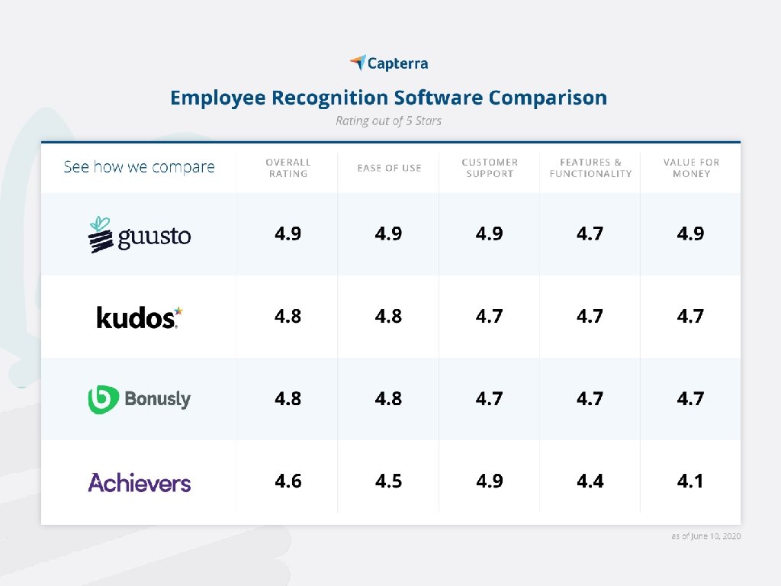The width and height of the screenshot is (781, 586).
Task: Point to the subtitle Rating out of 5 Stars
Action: [x=388, y=121]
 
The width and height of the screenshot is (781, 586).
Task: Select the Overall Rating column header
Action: [x=288, y=168]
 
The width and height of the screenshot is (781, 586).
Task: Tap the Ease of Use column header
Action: [x=389, y=168]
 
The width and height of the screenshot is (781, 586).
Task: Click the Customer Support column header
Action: [x=490, y=168]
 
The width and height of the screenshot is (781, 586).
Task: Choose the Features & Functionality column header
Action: [x=590, y=168]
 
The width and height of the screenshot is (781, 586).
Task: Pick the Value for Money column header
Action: [x=691, y=168]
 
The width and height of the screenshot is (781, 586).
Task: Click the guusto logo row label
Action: [x=140, y=234]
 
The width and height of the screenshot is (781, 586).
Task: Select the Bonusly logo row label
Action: [x=140, y=399]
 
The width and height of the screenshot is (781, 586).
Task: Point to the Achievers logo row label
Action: [x=140, y=482]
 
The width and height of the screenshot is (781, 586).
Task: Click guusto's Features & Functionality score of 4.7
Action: [x=590, y=233]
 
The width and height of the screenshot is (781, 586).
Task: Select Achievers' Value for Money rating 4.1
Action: [x=690, y=481]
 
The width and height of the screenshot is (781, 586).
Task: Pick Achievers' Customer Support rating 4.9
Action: [x=489, y=481]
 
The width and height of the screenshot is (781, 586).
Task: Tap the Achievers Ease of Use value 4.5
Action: [x=388, y=481]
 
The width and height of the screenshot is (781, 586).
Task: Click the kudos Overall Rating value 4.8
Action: [x=288, y=316]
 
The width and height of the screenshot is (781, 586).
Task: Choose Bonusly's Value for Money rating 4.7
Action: [x=690, y=398]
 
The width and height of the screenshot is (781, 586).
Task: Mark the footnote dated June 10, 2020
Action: [x=706, y=536]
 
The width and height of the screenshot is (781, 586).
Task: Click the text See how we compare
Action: [x=139, y=167]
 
